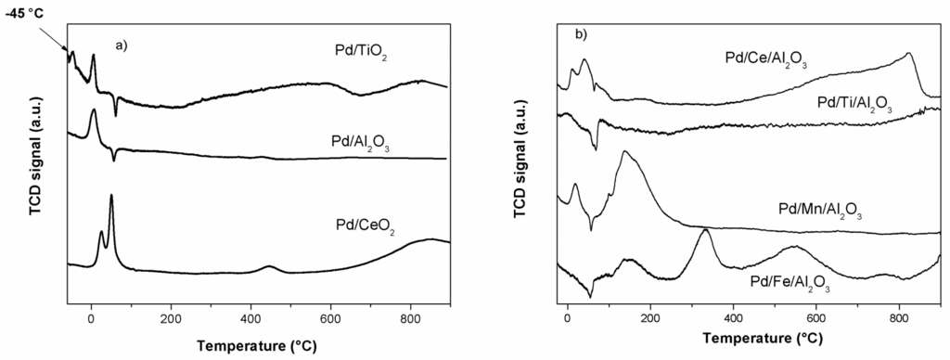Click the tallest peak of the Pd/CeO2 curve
click(x=111, y=196)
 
